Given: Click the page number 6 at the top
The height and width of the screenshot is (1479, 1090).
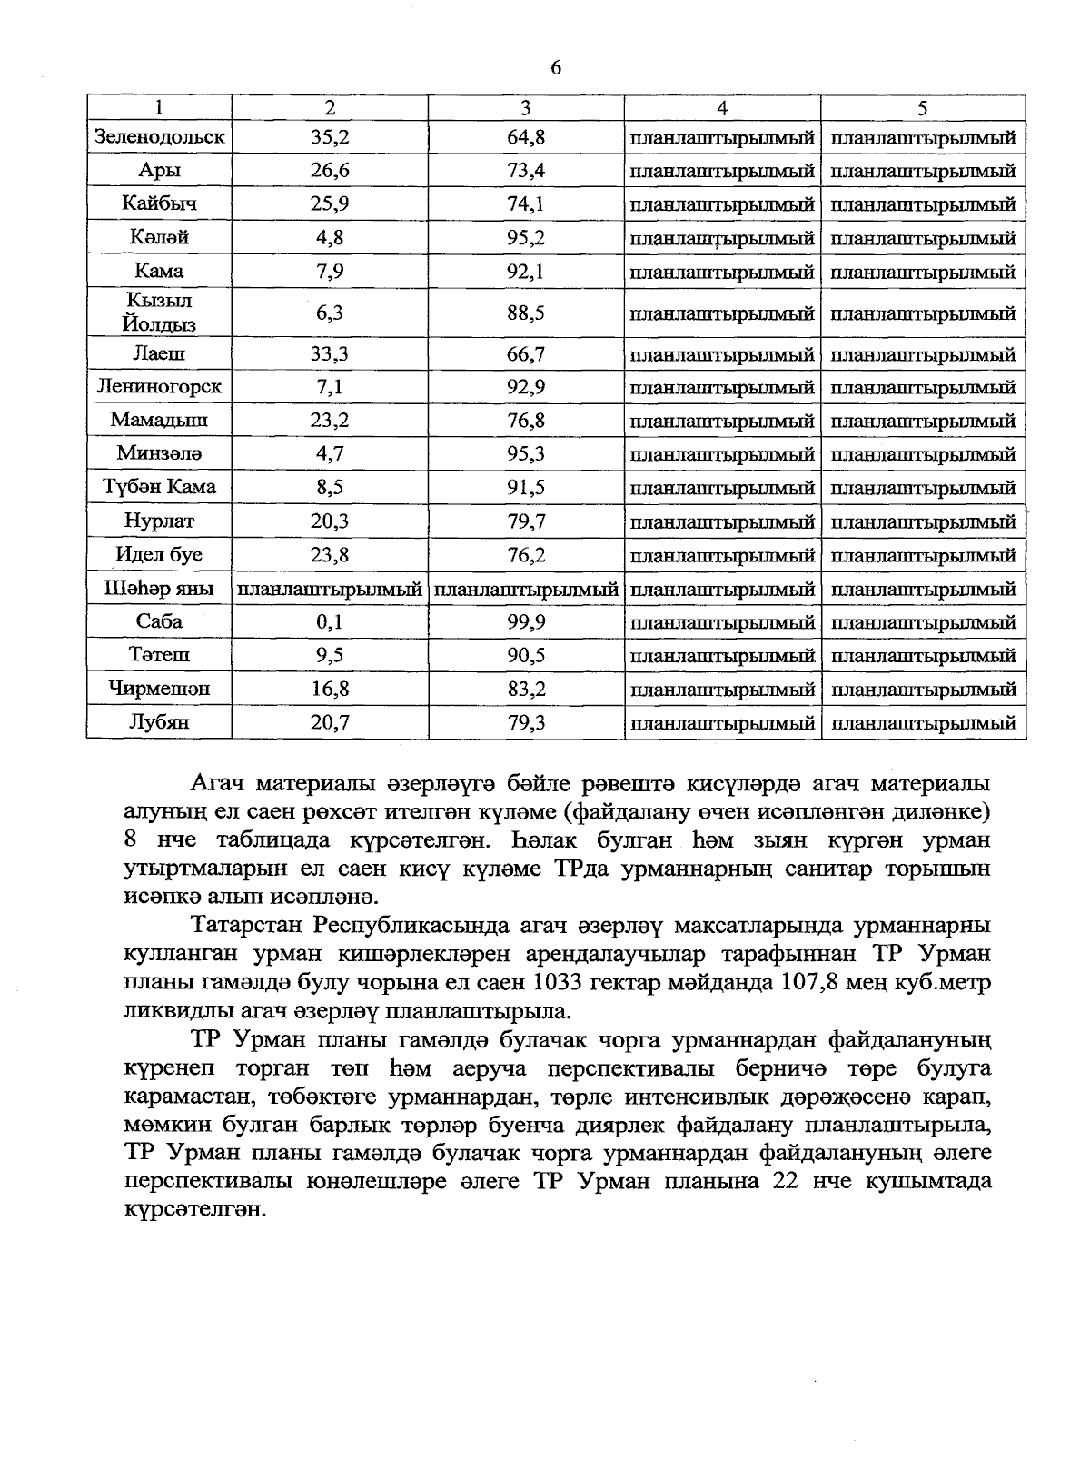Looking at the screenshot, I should pyautogui.click(x=556, y=68).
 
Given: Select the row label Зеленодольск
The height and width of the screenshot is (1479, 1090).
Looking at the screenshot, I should pyautogui.click(x=159, y=138).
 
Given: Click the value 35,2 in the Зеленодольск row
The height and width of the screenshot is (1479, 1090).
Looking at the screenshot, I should pyautogui.click(x=330, y=138).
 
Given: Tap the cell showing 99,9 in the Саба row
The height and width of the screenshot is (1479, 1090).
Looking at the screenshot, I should pyautogui.click(x=526, y=622).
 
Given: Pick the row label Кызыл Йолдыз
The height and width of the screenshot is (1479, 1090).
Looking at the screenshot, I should pyautogui.click(x=159, y=313).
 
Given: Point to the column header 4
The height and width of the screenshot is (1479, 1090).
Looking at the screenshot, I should pyautogui.click(x=722, y=107).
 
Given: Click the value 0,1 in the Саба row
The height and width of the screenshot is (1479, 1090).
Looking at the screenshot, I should pyautogui.click(x=330, y=622).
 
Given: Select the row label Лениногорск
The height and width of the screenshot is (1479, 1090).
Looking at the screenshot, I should pyautogui.click(x=159, y=387).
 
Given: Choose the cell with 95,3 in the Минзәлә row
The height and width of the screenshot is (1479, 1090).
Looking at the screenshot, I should pyautogui.click(x=526, y=453).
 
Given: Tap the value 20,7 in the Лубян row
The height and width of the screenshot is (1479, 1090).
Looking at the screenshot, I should pyautogui.click(x=330, y=723).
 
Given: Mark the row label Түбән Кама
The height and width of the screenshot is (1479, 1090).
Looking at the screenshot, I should pyautogui.click(x=159, y=487).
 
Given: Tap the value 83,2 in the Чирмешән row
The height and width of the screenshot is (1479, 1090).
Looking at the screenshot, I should pyautogui.click(x=526, y=690).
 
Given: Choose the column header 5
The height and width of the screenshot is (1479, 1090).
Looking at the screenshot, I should pyautogui.click(x=922, y=107).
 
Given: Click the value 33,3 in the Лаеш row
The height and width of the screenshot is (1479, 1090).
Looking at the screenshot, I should pyautogui.click(x=330, y=354).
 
